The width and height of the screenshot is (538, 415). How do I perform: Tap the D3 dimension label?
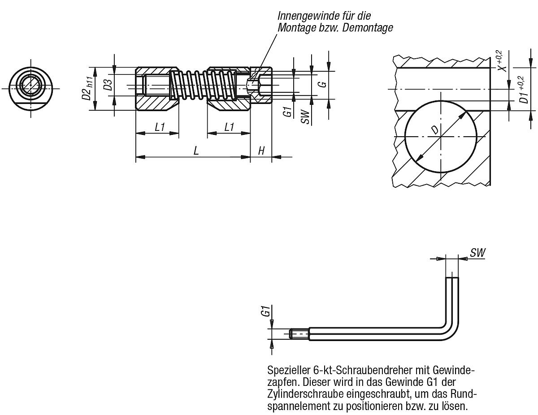point(108,85)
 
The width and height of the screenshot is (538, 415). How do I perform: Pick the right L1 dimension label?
point(229,127)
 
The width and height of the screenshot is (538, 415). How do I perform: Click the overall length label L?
point(196,151)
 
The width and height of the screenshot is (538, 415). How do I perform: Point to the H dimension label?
point(261,151)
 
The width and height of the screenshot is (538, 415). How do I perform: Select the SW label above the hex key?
point(478,253)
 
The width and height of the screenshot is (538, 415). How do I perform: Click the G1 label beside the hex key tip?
point(265,311)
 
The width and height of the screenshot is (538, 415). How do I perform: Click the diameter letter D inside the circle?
point(434,130)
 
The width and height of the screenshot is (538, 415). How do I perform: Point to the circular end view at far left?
point(31,88)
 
